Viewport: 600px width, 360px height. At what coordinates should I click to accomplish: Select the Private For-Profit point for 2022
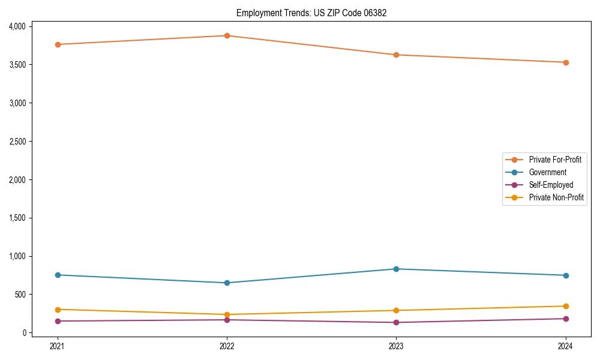click(227, 35)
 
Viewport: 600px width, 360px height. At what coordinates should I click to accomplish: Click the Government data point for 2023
click(396, 269)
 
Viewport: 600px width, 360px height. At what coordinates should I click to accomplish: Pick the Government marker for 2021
click(58, 275)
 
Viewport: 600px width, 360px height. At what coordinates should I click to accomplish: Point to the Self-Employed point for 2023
click(396, 322)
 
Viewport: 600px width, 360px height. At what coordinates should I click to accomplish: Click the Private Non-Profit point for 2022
click(227, 314)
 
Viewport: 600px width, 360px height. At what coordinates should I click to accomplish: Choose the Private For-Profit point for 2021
click(58, 44)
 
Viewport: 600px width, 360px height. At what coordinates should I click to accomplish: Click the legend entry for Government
click(547, 172)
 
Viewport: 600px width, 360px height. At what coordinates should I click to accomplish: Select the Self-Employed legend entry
click(551, 185)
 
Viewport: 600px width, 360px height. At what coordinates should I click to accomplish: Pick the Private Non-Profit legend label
click(556, 197)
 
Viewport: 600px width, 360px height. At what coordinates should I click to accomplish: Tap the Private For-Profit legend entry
click(555, 160)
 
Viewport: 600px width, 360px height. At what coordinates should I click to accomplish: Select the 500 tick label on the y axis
click(20, 295)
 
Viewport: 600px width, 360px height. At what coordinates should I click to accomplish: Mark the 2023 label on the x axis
click(396, 346)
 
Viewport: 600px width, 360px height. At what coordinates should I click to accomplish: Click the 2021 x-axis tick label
click(58, 346)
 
